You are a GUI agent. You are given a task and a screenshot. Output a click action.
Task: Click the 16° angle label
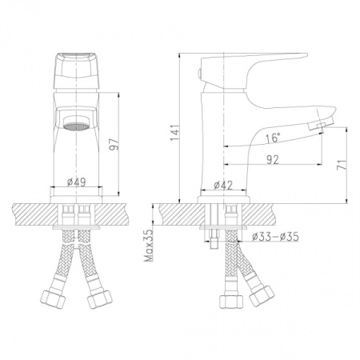pyautogui.click(x=273, y=138)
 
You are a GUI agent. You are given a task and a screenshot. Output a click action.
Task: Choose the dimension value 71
pyautogui.click(x=340, y=166)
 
